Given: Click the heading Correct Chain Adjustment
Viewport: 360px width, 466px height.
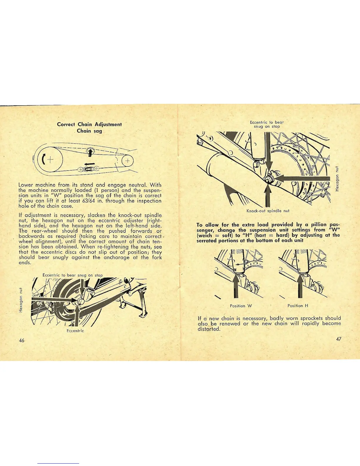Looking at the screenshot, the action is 89,124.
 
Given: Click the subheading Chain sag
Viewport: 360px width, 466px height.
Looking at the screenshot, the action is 89,131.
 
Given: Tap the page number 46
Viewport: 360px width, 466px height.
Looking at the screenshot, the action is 21,340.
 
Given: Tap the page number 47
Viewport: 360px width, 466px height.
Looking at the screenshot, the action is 338,339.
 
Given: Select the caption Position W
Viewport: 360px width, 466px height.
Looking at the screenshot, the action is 241,306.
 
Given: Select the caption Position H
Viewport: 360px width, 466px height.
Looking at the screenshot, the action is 298,306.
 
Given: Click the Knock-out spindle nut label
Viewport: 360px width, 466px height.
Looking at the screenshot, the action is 268,211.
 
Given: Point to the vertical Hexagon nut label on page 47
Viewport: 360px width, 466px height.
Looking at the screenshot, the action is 337,179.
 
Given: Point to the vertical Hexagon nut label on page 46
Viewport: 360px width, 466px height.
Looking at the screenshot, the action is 21,299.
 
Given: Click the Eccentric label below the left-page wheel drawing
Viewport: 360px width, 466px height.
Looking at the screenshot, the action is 75,331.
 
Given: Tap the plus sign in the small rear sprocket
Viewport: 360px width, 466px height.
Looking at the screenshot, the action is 128,161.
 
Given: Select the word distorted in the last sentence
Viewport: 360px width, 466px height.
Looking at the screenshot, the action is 209,329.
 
